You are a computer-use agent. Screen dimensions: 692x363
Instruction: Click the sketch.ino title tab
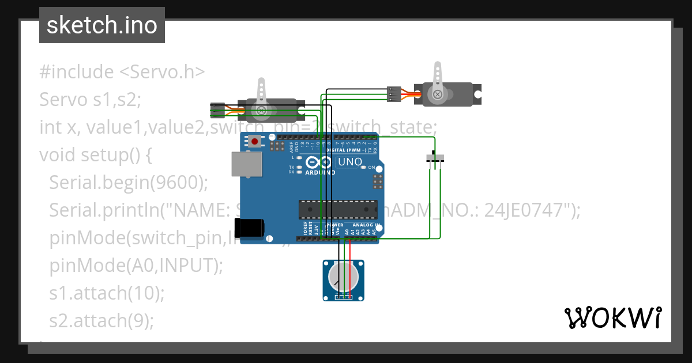pos(102,25)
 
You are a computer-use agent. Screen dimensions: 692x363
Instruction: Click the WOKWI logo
pos(612,317)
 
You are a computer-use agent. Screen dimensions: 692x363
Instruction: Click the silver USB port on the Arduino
pos(246,164)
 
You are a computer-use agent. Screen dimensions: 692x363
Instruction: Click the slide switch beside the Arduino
pos(435,158)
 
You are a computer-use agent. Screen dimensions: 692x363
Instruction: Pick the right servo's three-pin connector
pos(393,94)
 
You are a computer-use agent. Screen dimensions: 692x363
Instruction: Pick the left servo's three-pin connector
pos(217,110)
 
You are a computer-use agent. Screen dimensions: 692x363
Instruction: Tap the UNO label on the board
pos(349,162)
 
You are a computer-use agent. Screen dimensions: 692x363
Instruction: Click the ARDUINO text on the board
pos(319,172)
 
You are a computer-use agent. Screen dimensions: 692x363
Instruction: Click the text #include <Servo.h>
pos(122,72)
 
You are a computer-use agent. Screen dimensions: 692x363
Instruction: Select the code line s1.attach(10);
pos(107,293)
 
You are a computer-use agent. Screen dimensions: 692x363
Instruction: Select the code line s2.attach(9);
pos(101,320)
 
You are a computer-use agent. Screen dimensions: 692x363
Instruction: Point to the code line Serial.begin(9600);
pos(128,183)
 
